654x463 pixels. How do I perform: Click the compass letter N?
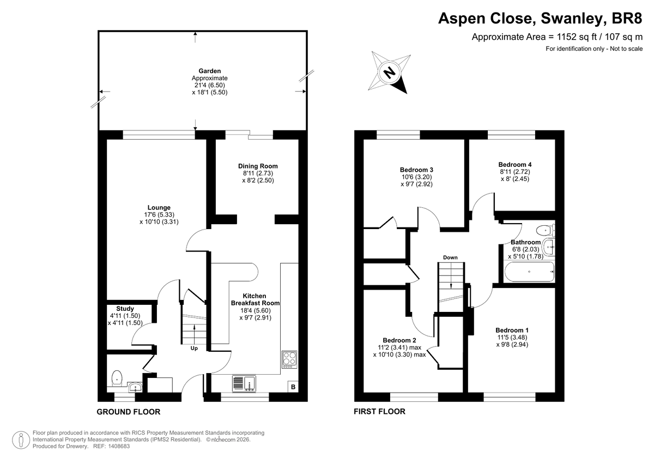point(389,73)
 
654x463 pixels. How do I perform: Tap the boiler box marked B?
point(293,387)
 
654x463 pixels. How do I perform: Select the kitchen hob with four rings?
point(289,359)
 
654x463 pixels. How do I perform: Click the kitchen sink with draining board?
point(244,383)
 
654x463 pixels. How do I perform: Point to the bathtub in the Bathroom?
point(529,272)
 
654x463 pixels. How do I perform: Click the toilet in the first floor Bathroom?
point(546,231)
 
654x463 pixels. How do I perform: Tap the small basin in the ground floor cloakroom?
point(136,387)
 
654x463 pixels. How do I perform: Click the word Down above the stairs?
point(450,257)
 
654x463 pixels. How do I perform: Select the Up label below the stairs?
point(194,348)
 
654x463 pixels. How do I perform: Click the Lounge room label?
point(159,207)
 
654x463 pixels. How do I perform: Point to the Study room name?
point(125,309)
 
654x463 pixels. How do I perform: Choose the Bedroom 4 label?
point(515,165)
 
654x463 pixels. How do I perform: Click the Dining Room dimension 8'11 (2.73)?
point(258,173)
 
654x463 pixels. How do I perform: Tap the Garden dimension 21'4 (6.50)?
point(210,85)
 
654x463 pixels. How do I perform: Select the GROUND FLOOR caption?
point(129,412)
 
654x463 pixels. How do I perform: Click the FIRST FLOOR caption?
point(379,412)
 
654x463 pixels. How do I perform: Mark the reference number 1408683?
point(119,446)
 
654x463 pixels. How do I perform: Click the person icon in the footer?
point(21,440)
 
